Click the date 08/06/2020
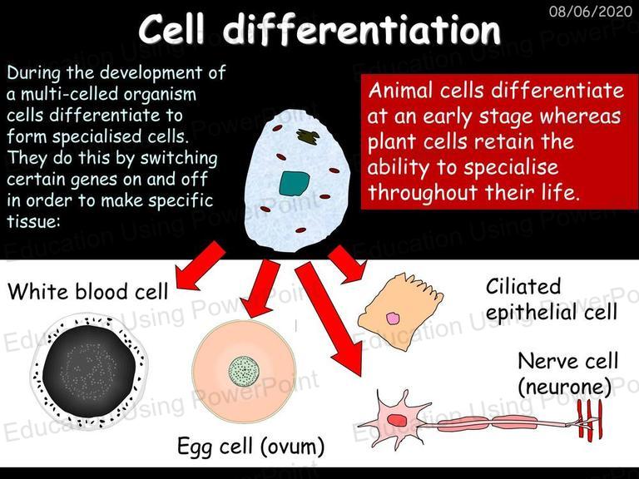590,11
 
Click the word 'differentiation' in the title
362,29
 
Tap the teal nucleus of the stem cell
295,183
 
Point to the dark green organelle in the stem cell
309,136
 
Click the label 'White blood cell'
87,292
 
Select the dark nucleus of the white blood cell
89,370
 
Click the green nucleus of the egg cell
244,371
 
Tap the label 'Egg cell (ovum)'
251,446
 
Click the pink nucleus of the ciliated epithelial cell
393,319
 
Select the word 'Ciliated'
523,286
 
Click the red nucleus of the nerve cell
397,420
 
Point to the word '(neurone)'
565,387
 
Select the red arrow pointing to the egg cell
260,289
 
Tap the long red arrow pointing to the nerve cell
329,318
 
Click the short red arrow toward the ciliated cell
348,264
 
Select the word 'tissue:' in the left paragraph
33,221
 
